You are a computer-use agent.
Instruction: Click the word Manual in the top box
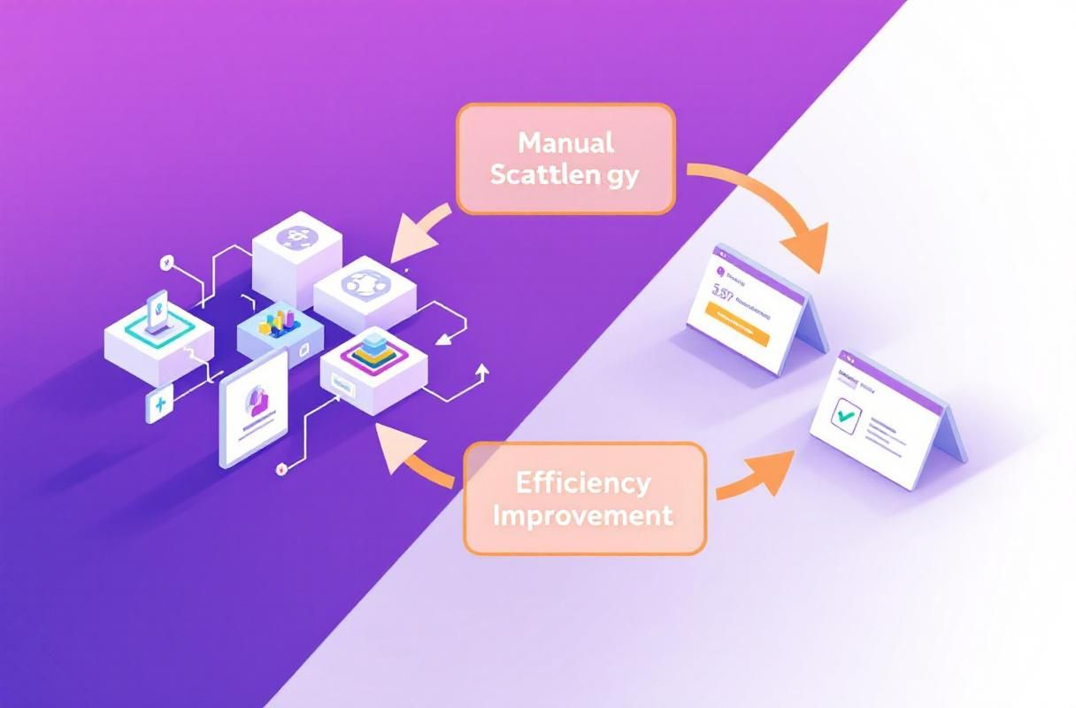(x=566, y=142)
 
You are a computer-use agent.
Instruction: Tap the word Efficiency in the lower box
(x=583, y=483)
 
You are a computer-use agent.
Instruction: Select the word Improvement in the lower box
(x=583, y=515)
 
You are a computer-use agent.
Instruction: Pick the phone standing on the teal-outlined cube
(x=158, y=312)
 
